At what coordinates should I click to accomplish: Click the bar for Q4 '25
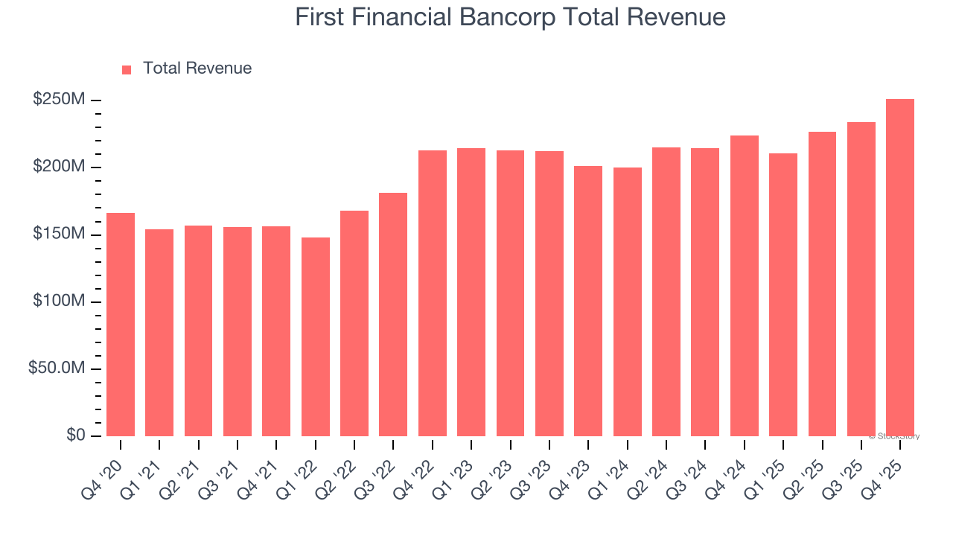(900, 267)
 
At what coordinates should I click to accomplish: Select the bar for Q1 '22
(316, 336)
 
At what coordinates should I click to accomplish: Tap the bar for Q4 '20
(121, 325)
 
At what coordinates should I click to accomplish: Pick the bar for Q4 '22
(433, 293)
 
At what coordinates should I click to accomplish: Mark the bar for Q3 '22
(393, 314)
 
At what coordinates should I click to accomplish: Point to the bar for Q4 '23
(588, 301)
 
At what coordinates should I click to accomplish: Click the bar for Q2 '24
(666, 292)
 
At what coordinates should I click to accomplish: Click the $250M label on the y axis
(58, 100)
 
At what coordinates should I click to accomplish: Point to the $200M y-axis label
(58, 167)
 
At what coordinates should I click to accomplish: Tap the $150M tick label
(58, 234)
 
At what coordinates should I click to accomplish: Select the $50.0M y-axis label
(57, 369)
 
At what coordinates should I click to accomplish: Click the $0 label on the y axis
(75, 435)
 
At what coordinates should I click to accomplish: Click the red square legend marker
(127, 69)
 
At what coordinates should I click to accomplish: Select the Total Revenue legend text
(197, 68)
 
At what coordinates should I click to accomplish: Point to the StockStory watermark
(893, 436)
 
